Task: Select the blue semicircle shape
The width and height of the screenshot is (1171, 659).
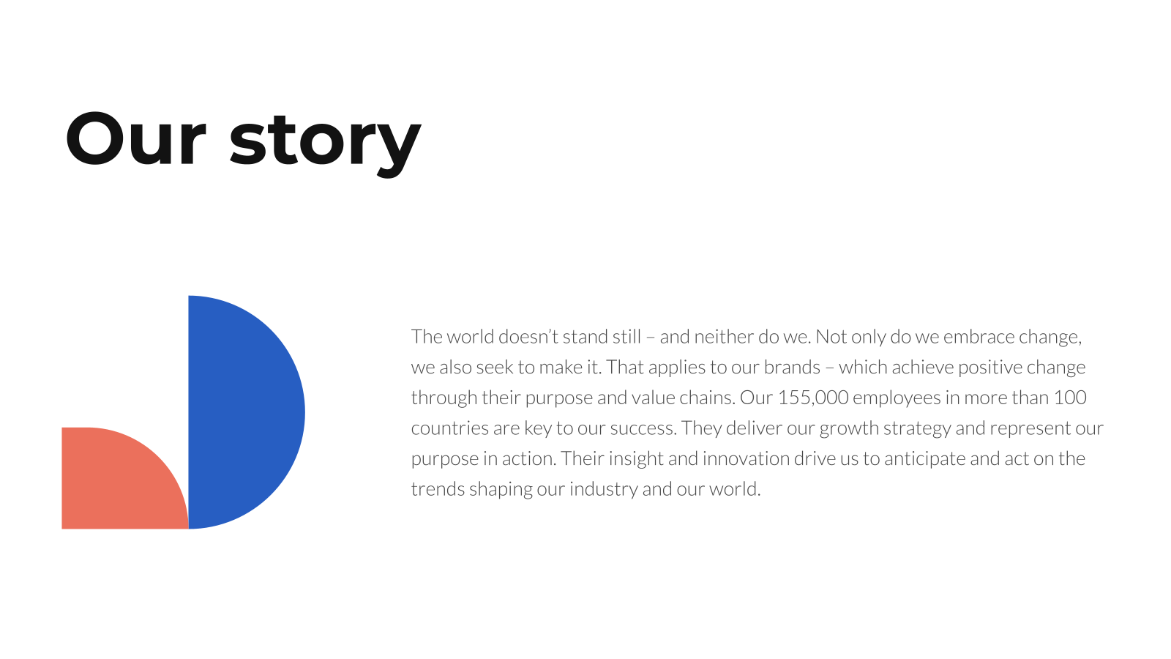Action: click(x=246, y=412)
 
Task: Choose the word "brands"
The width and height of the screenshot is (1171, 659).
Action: click(x=792, y=367)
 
